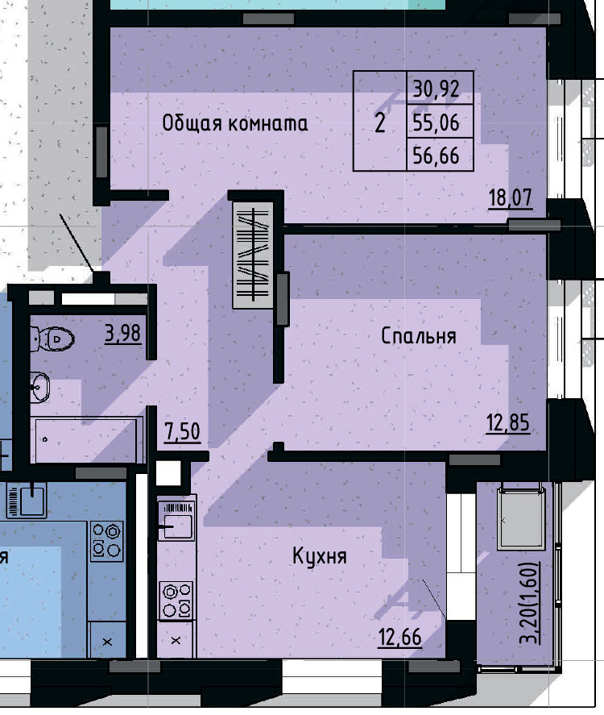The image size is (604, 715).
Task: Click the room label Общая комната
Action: (234, 123)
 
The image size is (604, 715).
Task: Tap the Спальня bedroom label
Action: (418, 336)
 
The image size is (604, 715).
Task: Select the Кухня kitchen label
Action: (320, 556)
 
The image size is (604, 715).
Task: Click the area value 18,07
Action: (511, 197)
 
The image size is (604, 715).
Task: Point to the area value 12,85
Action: (508, 422)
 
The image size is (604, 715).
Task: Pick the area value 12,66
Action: (400, 637)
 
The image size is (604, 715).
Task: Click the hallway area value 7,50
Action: (182, 432)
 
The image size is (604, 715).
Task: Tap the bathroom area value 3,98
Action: (123, 333)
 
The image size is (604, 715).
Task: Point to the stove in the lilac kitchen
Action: (177, 601)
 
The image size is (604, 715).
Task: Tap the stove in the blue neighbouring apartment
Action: (107, 541)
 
